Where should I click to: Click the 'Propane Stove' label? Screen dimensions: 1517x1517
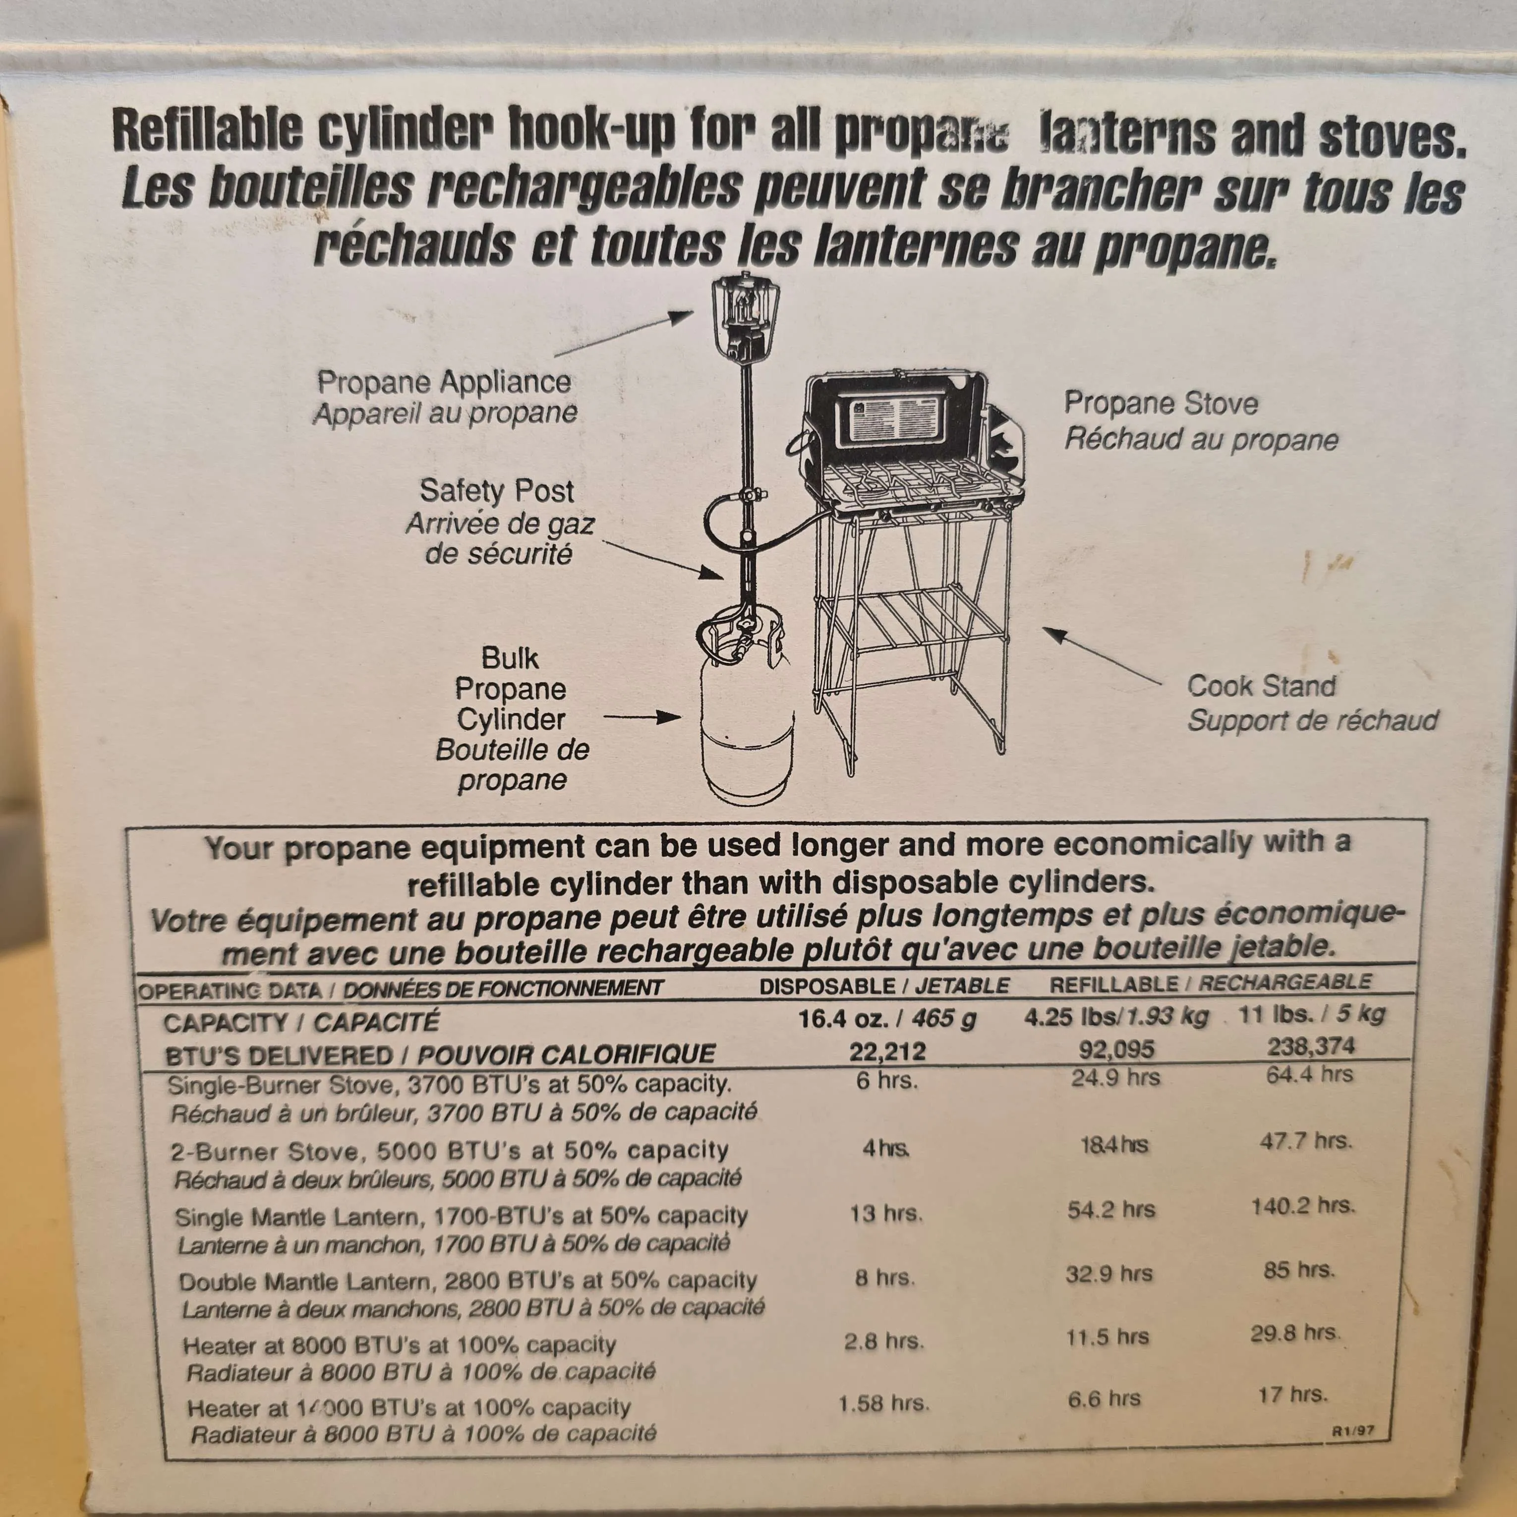1161,404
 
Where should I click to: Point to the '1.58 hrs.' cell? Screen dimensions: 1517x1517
883,1403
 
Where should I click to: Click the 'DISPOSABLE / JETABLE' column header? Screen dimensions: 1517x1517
884,986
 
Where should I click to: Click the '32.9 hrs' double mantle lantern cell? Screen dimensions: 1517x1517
1109,1274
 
